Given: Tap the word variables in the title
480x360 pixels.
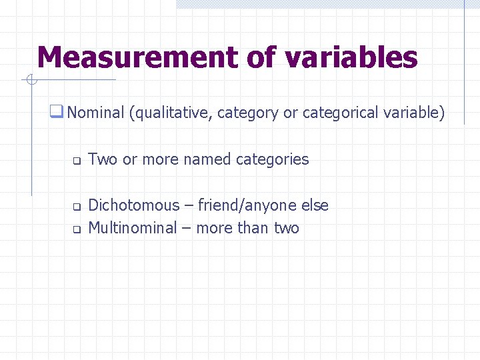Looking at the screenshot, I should [x=351, y=57].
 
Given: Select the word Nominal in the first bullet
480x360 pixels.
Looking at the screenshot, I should [x=95, y=113].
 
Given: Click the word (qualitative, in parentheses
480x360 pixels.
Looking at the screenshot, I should [x=171, y=113].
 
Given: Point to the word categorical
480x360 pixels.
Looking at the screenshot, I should [x=341, y=113].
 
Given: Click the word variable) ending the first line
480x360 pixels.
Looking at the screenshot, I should [x=414, y=113].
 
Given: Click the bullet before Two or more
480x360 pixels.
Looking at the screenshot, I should [x=76, y=161].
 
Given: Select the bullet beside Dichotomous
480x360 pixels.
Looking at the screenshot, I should [x=76, y=207].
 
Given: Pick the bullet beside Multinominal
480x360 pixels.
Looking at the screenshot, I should [x=76, y=229].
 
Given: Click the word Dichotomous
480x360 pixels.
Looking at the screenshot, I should [x=133, y=205].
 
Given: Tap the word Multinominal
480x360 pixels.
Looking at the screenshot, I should [x=132, y=228].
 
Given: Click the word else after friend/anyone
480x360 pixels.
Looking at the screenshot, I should [x=315, y=205].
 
